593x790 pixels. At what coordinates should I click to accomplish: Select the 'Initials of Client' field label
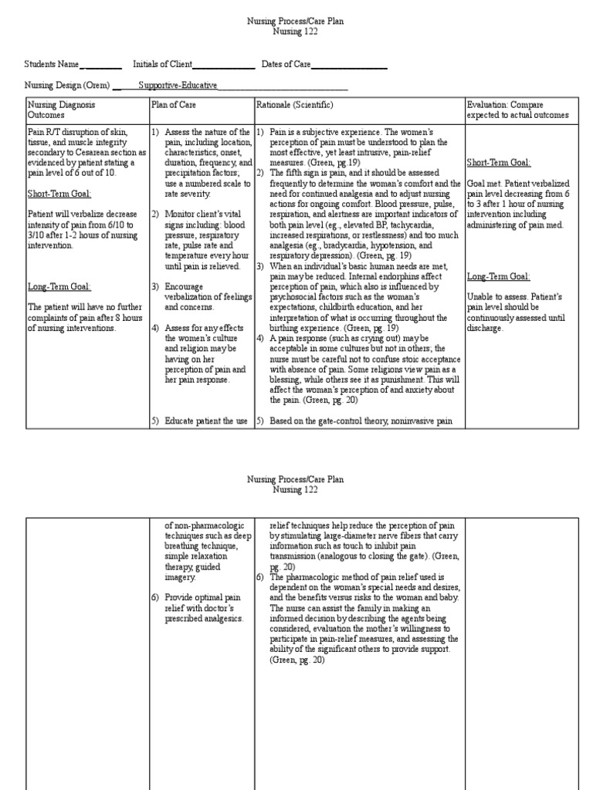(x=161, y=65)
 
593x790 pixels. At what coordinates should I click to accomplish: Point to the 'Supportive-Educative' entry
(x=178, y=86)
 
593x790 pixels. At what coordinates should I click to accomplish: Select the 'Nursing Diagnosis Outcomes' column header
(x=61, y=109)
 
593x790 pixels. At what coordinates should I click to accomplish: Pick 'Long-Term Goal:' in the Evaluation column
(x=497, y=276)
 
